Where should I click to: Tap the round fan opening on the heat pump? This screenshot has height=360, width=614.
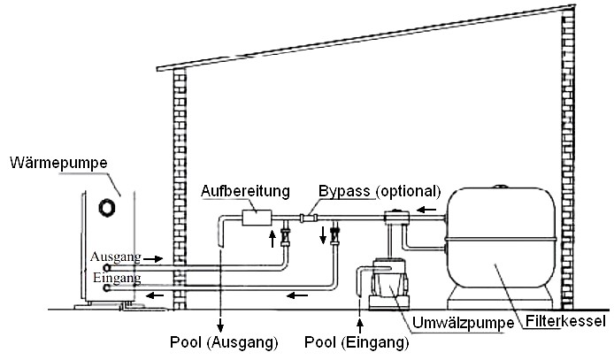[108, 207]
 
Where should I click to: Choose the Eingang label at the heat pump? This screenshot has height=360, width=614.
[115, 278]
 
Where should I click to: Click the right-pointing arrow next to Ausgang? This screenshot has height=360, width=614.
[152, 258]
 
